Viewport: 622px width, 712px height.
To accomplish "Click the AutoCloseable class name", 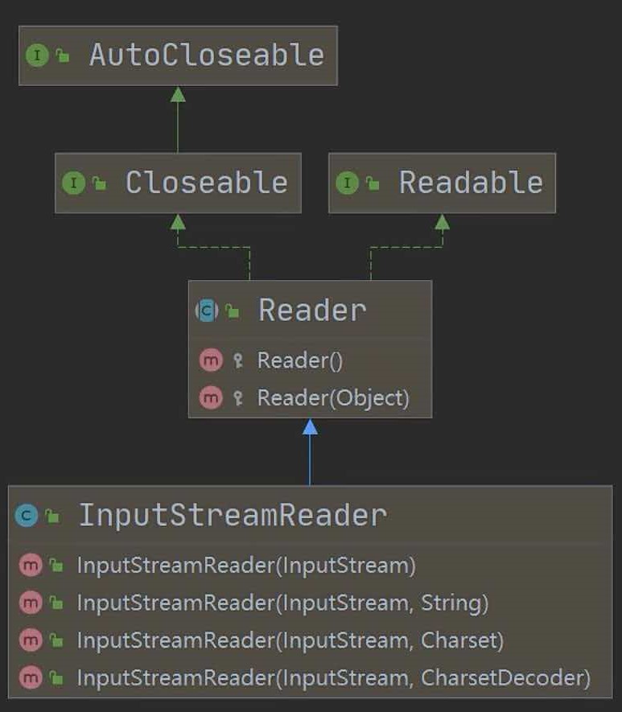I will point(206,55).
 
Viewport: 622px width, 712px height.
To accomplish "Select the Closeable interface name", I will point(206,183).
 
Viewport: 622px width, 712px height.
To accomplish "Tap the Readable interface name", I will point(470,183).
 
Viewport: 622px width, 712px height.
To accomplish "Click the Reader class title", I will point(311,310).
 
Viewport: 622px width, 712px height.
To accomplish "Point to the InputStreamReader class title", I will point(232,515).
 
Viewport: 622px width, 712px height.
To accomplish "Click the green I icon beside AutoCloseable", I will point(36,55).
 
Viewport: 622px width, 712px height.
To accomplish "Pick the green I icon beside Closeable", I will point(72,183).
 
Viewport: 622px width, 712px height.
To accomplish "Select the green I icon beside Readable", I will point(346,183).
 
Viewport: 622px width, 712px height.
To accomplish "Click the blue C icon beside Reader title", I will point(208,310).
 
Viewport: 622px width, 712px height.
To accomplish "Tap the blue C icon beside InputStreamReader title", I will point(27,516).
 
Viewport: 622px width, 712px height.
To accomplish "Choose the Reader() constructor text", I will point(299,360).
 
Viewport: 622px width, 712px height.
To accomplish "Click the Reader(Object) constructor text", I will point(333,397).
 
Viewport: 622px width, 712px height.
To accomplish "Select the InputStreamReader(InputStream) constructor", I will point(246,566).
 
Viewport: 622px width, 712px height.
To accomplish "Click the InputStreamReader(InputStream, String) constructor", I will point(282,603).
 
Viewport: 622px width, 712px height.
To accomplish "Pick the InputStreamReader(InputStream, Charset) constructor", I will point(290,640).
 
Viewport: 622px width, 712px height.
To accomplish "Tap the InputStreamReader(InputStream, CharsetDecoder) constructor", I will point(333,677).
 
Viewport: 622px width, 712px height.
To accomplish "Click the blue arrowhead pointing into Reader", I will point(310,427).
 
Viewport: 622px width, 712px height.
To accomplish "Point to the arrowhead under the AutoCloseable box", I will point(178,94).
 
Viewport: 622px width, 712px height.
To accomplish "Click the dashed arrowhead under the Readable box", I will point(442,222).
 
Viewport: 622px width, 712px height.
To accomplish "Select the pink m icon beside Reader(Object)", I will point(211,397).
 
